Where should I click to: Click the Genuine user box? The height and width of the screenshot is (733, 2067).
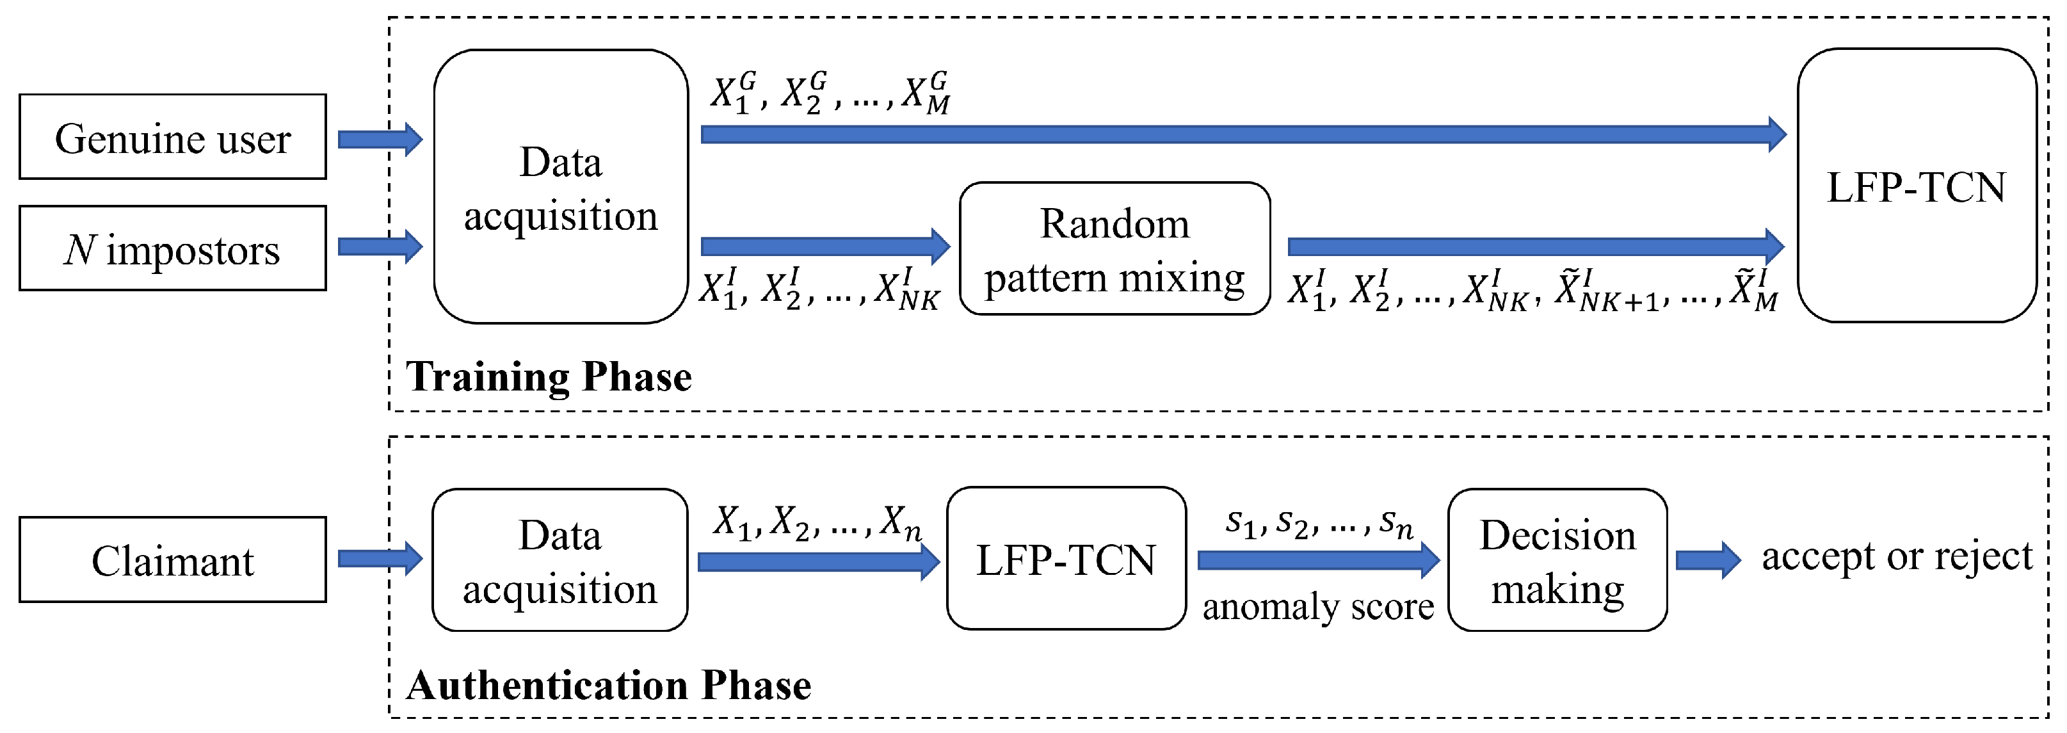pyautogui.click(x=173, y=137)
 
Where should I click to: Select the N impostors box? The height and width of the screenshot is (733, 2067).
pyautogui.click(x=173, y=249)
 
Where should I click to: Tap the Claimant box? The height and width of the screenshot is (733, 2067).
pyautogui.click(x=173, y=560)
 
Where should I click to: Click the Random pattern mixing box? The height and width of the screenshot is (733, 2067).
pyautogui.click(x=1114, y=249)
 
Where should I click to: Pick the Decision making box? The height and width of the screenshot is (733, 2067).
pyautogui.click(x=1557, y=560)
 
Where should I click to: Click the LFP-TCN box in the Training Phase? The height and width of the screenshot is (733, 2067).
pyautogui.click(x=1916, y=186)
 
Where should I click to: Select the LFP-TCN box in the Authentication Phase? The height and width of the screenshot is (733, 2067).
pyautogui.click(x=1066, y=559)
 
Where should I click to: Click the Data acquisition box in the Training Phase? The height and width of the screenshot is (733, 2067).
pyautogui.click(x=561, y=187)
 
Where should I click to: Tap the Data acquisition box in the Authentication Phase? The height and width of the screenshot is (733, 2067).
pyautogui.click(x=559, y=560)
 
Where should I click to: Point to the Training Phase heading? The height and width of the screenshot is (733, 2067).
pyautogui.click(x=549, y=376)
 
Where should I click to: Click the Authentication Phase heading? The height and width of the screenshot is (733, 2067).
pyautogui.click(x=608, y=685)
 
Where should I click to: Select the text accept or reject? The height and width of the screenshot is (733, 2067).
pyautogui.click(x=1897, y=556)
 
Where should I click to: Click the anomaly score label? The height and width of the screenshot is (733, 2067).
pyautogui.click(x=1317, y=606)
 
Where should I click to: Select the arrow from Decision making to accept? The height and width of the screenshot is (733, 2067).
pyautogui.click(x=1707, y=560)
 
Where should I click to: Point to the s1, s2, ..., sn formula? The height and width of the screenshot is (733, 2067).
pyautogui.click(x=1318, y=524)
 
